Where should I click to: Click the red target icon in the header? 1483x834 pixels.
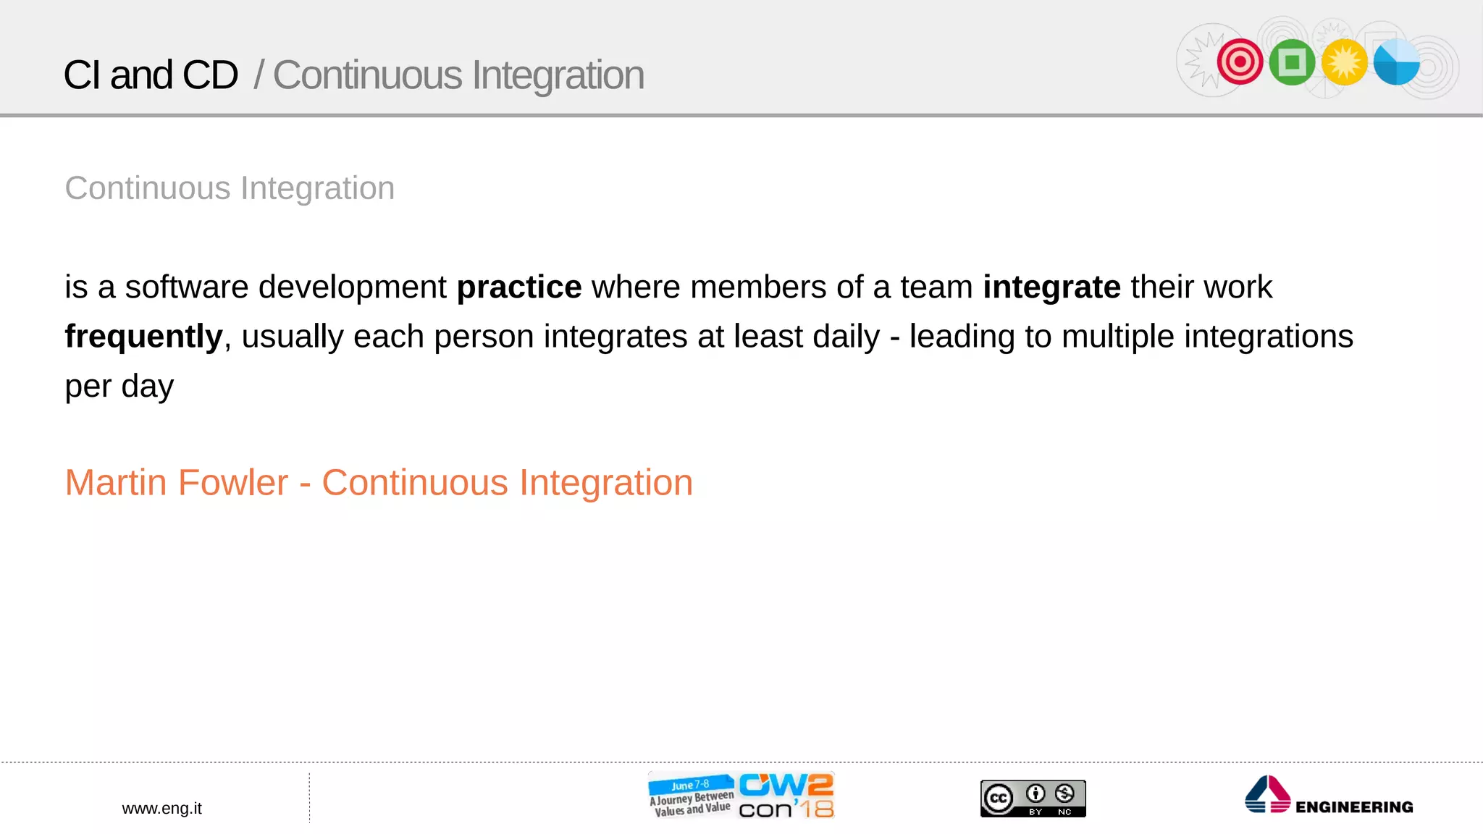pyautogui.click(x=1240, y=62)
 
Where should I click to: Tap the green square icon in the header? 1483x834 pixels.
pyautogui.click(x=1292, y=62)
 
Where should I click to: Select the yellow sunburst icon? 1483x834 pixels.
pyautogui.click(x=1344, y=62)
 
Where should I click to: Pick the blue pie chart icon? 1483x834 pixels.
pyautogui.click(x=1396, y=62)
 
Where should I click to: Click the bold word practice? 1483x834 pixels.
pyautogui.click(x=518, y=287)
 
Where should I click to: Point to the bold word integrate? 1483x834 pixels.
pyautogui.click(x=1051, y=287)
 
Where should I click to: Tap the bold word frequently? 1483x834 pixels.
pyautogui.click(x=143, y=337)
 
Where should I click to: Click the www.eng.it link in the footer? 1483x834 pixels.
pyautogui.click(x=161, y=809)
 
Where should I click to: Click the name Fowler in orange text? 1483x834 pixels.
pyautogui.click(x=232, y=483)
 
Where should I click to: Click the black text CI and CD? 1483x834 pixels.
pyautogui.click(x=151, y=75)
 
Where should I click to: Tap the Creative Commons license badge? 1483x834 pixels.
pyautogui.click(x=1033, y=799)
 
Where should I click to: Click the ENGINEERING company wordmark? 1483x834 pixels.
pyautogui.click(x=1353, y=807)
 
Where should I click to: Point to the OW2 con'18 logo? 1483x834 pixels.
pyautogui.click(x=786, y=796)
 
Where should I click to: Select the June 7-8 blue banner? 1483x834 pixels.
pyautogui.click(x=690, y=785)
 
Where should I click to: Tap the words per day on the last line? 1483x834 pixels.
pyautogui.click(x=119, y=386)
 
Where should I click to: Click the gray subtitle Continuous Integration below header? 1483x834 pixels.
pyautogui.click(x=230, y=188)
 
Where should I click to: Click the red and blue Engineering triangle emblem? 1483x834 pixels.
pyautogui.click(x=1267, y=795)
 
